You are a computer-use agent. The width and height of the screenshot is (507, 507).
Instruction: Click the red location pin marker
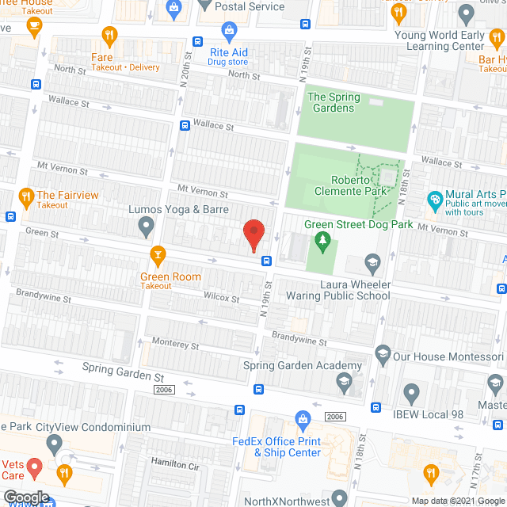[253, 234]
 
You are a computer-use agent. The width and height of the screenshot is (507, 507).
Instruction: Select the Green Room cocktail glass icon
[158, 254]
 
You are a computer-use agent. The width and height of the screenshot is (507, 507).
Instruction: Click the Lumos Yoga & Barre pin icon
[146, 228]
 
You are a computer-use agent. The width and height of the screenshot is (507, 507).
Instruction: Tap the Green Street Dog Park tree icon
[322, 241]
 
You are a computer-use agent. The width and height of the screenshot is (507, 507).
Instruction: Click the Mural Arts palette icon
[434, 199]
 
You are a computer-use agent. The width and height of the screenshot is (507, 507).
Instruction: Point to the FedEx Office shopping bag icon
[302, 418]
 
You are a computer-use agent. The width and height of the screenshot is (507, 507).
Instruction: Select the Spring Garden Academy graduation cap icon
[345, 384]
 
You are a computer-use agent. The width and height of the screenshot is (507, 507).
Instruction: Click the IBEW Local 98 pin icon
[411, 392]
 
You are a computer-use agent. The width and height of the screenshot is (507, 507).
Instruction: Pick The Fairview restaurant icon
[26, 195]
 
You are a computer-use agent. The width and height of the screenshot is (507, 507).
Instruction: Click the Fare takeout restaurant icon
[109, 36]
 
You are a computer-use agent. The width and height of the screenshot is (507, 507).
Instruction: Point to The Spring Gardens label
[333, 102]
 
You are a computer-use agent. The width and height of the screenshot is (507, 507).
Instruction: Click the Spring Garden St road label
[123, 372]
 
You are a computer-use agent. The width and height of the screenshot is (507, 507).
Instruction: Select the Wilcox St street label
[221, 298]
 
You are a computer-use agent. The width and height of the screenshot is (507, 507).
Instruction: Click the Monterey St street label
[175, 345]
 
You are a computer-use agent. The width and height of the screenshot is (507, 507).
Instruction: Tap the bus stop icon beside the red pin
[267, 260]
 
